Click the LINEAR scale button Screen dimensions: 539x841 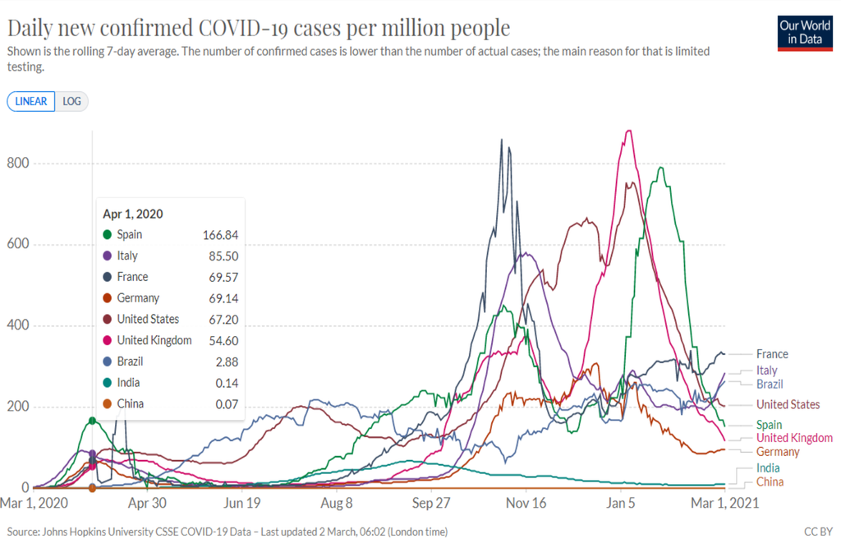pos(31,102)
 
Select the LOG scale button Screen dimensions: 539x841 pos(71,102)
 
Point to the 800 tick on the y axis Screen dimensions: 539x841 pos(18,164)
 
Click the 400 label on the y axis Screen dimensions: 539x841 pos(18,326)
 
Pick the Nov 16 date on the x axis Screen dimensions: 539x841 pos(526,504)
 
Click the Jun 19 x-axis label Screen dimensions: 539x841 pos(242,504)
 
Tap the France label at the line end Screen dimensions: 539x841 pos(772,354)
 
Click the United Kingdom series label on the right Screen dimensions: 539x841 pos(794,438)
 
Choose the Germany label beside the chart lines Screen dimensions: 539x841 pos(778,452)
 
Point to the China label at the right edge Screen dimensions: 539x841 pos(770,481)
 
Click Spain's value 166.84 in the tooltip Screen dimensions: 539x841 pos(221,235)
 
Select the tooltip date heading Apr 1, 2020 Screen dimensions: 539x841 pos(133,214)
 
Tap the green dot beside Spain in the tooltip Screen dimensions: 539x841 pos(108,235)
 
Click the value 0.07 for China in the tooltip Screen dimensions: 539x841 pos(226,403)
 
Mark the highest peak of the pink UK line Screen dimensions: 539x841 pos(628,131)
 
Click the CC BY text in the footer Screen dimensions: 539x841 pos(817,532)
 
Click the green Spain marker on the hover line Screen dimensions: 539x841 pos(92,421)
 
